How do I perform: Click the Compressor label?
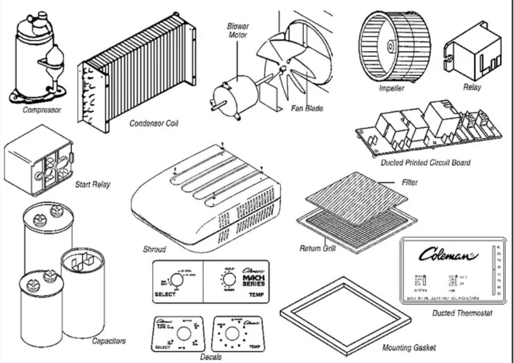(x=42, y=110)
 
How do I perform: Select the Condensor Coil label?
(x=154, y=123)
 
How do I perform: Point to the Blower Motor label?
(x=238, y=31)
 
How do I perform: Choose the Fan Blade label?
(x=307, y=108)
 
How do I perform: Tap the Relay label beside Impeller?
(x=472, y=87)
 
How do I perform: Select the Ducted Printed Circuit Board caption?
(x=426, y=163)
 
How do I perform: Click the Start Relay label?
(x=92, y=185)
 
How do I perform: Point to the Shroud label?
(x=154, y=250)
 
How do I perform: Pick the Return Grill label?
(x=317, y=249)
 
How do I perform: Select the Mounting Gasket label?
(x=409, y=348)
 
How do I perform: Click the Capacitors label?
(x=109, y=341)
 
